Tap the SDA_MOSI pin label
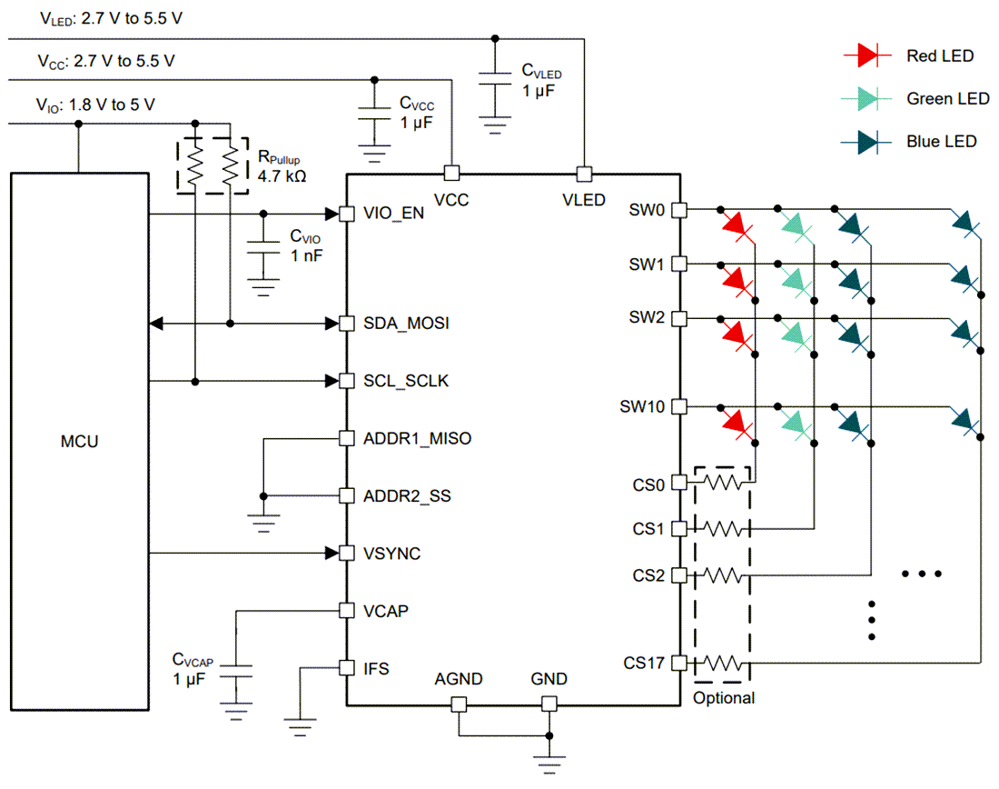pos(406,324)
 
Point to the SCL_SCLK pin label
pos(405,381)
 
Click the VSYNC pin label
pos(391,553)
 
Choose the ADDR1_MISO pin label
pos(417,438)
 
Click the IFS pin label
pos(375,668)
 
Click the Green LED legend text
pos(947,98)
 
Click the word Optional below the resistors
pos(723,698)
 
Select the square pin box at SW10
pos(678,406)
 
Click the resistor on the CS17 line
pos(723,663)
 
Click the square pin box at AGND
pos(459,704)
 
